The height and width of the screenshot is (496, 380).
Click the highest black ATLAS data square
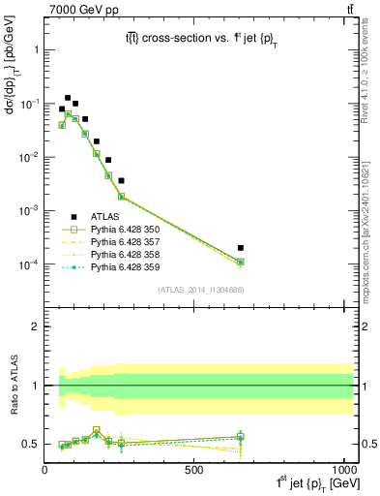coord(68,98)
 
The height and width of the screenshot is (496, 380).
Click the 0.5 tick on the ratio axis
coord(32,444)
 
